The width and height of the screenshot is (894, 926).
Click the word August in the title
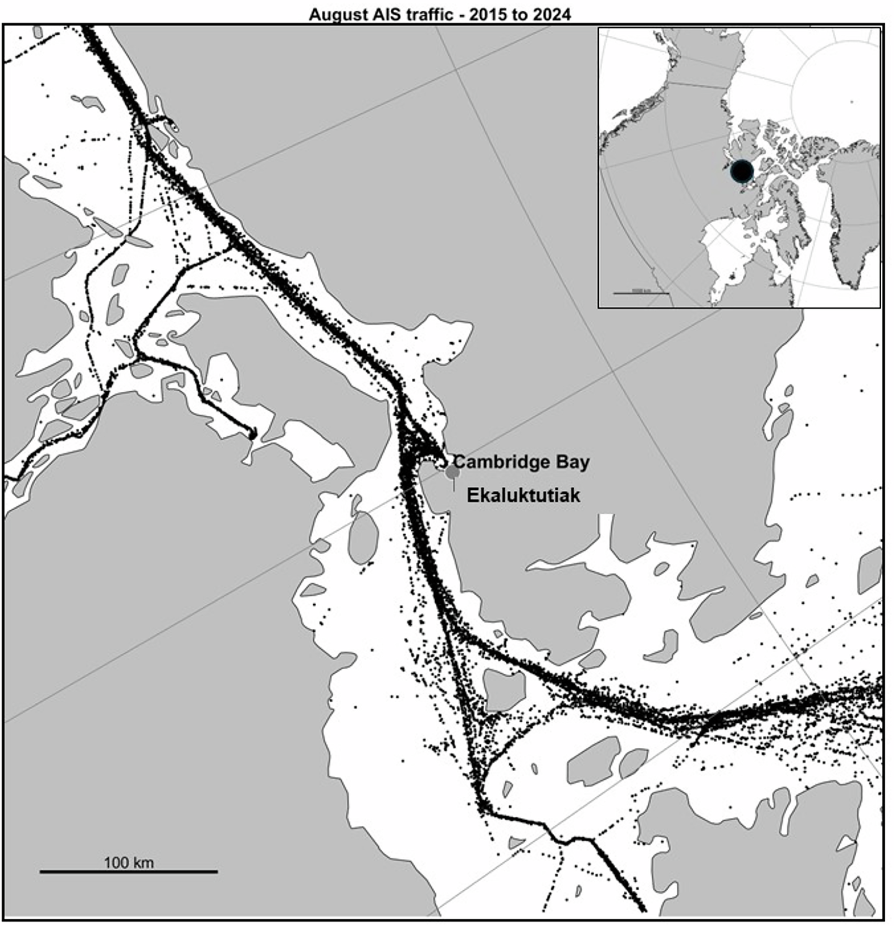coord(333,15)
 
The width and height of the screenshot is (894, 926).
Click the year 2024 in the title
coord(552,15)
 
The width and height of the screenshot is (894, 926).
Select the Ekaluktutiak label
coord(524,495)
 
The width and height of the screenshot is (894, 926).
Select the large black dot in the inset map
coord(741,171)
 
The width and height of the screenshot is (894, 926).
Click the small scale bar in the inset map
coord(641,293)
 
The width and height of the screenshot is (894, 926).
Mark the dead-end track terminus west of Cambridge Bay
coord(252,435)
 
